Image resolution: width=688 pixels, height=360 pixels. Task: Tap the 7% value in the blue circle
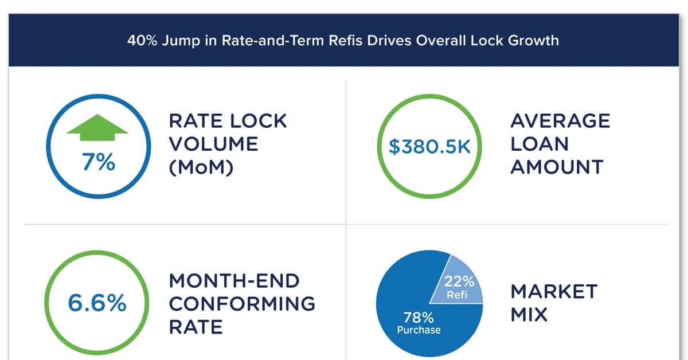point(98,162)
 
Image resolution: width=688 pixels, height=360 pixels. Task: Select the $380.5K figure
point(429,147)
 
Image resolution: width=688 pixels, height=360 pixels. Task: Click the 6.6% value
point(97,303)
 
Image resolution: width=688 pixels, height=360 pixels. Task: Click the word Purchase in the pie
point(419,330)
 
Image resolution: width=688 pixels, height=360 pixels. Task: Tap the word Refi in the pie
point(458,295)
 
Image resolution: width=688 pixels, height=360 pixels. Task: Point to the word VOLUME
point(213,144)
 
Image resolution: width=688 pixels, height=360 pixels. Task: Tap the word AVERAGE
point(560,121)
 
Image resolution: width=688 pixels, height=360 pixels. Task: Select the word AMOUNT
point(557,167)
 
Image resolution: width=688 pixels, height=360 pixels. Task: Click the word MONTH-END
point(234,281)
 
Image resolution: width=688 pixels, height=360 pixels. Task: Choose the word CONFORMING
point(242,303)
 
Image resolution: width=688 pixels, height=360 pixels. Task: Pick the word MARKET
point(554,291)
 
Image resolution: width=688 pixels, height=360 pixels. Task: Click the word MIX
point(529,315)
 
